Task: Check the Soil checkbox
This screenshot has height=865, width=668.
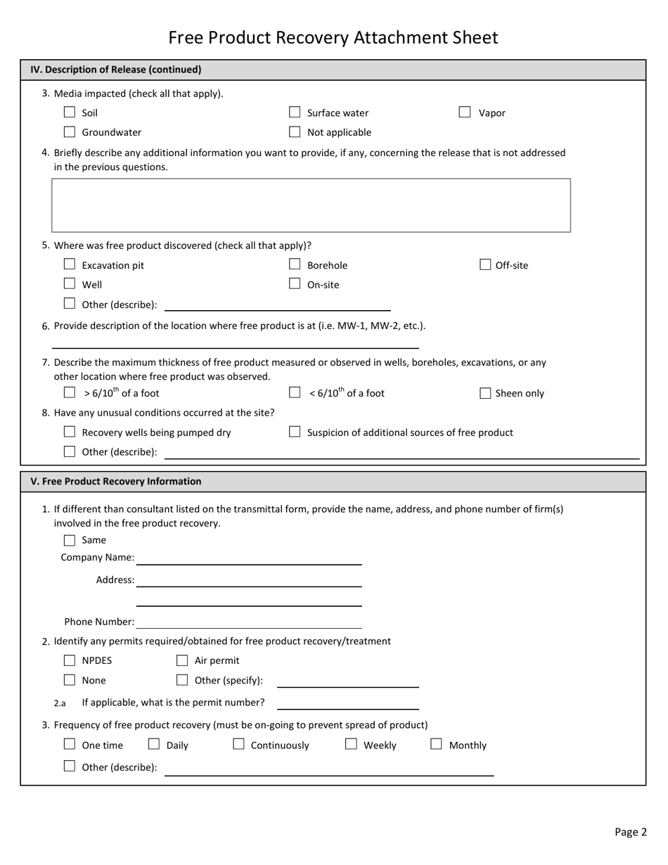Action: (x=70, y=113)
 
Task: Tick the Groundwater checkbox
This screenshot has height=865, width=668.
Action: (x=70, y=132)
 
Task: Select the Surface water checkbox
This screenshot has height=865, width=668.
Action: (x=295, y=113)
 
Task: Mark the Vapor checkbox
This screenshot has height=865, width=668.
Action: (x=465, y=113)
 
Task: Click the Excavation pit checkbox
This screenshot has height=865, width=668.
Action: (x=70, y=265)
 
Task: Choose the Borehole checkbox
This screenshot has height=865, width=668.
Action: (x=295, y=265)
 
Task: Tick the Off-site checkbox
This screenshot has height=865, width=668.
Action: (x=485, y=265)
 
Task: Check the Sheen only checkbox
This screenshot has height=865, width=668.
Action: (x=485, y=394)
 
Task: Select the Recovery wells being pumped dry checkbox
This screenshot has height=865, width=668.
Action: (x=70, y=432)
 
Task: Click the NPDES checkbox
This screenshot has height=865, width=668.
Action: (x=70, y=660)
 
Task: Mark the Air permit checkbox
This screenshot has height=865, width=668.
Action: (x=182, y=660)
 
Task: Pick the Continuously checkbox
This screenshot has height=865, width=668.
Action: (x=238, y=744)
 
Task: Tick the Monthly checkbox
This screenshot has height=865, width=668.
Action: (x=436, y=744)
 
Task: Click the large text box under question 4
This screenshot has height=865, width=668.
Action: (x=311, y=205)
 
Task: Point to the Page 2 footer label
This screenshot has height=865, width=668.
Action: (x=630, y=832)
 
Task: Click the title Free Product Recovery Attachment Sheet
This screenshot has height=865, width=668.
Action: (x=333, y=37)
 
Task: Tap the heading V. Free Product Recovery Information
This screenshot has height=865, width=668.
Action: (x=116, y=482)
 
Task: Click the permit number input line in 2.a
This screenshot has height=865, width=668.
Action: (x=348, y=703)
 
